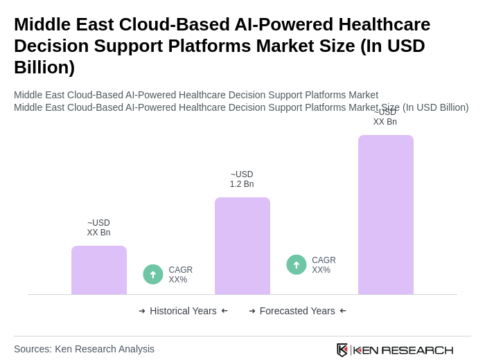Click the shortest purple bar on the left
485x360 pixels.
click(99, 270)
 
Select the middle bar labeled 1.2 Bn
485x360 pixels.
click(242, 246)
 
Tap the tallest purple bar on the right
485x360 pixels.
click(386, 215)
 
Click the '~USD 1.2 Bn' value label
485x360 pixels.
click(242, 179)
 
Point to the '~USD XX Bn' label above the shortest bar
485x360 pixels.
click(98, 228)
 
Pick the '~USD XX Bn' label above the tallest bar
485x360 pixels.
click(385, 117)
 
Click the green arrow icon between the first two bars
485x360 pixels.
click(153, 274)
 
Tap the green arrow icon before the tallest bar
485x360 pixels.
click(297, 264)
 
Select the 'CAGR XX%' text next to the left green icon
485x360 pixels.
click(180, 275)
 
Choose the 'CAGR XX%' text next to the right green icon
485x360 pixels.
click(324, 265)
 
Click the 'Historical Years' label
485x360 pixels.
click(183, 311)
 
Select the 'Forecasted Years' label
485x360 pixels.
click(297, 311)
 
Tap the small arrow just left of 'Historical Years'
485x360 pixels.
click(142, 311)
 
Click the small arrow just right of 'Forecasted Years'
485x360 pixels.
click(343, 311)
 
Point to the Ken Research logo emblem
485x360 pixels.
click(342, 350)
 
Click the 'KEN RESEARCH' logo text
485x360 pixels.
click(403, 350)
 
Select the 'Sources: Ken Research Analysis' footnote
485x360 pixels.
click(84, 349)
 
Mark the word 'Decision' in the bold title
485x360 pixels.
click(51, 46)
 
